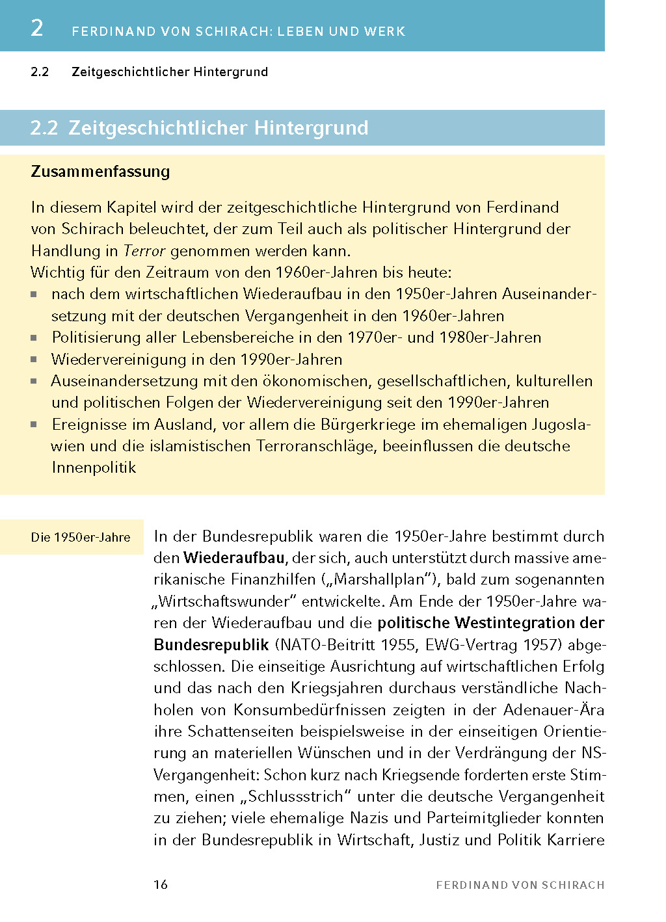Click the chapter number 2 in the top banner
pyautogui.click(x=37, y=28)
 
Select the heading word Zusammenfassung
pyautogui.click(x=100, y=172)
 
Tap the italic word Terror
pyautogui.click(x=144, y=251)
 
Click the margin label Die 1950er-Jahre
pyautogui.click(x=81, y=538)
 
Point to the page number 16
pyautogui.click(x=161, y=884)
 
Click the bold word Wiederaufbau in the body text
pyautogui.click(x=234, y=558)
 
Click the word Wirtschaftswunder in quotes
pyautogui.click(x=224, y=601)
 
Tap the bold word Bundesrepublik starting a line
pyautogui.click(x=211, y=645)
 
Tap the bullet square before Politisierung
pyautogui.click(x=34, y=338)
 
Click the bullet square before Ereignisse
pyautogui.click(x=34, y=425)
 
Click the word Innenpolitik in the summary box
pyautogui.click(x=94, y=468)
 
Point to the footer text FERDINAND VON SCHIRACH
pyautogui.click(x=520, y=885)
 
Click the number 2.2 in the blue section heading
pyautogui.click(x=44, y=128)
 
